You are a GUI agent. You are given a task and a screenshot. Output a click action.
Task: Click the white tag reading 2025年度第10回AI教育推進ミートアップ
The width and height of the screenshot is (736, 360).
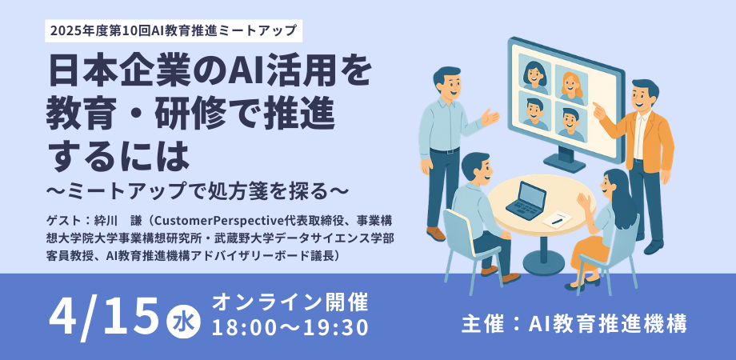click(x=174, y=31)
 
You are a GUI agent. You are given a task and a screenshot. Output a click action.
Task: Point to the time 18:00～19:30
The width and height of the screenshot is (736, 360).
click(x=290, y=328)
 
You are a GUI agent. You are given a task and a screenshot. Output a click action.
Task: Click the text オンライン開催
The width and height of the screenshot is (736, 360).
click(x=290, y=302)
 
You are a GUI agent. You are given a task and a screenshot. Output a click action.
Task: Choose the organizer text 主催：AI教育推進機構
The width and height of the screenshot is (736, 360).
click(x=574, y=324)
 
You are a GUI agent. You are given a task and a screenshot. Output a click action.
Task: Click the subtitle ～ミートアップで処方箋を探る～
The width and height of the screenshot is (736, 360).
click(x=197, y=191)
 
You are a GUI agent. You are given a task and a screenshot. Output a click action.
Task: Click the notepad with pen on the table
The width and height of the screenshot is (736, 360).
click(x=557, y=219)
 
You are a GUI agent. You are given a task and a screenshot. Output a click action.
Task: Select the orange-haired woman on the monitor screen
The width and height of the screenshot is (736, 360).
click(x=571, y=86)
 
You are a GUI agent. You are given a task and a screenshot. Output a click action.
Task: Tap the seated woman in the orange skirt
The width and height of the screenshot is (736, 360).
click(x=599, y=230)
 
